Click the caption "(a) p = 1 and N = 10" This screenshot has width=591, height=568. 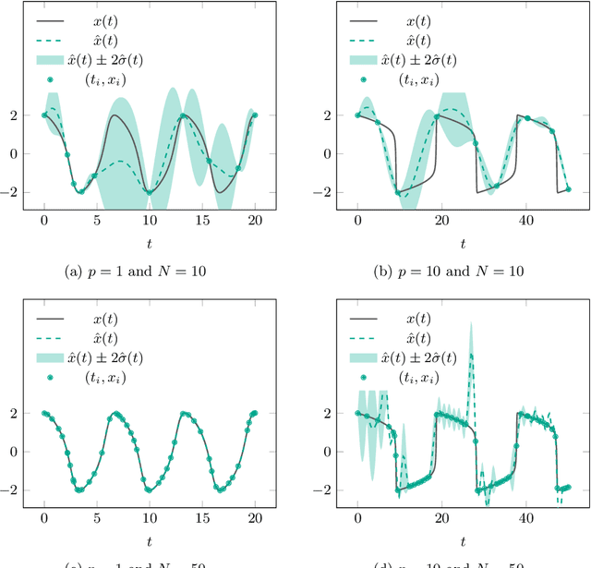pos(149,271)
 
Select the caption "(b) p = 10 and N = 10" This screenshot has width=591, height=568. pos(462,271)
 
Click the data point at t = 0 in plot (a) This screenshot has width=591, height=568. pos(44,115)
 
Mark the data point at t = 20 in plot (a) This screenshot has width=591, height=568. pos(255,115)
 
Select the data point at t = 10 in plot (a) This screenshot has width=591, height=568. pos(149,192)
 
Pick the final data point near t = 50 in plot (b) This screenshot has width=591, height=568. pos(568,188)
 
